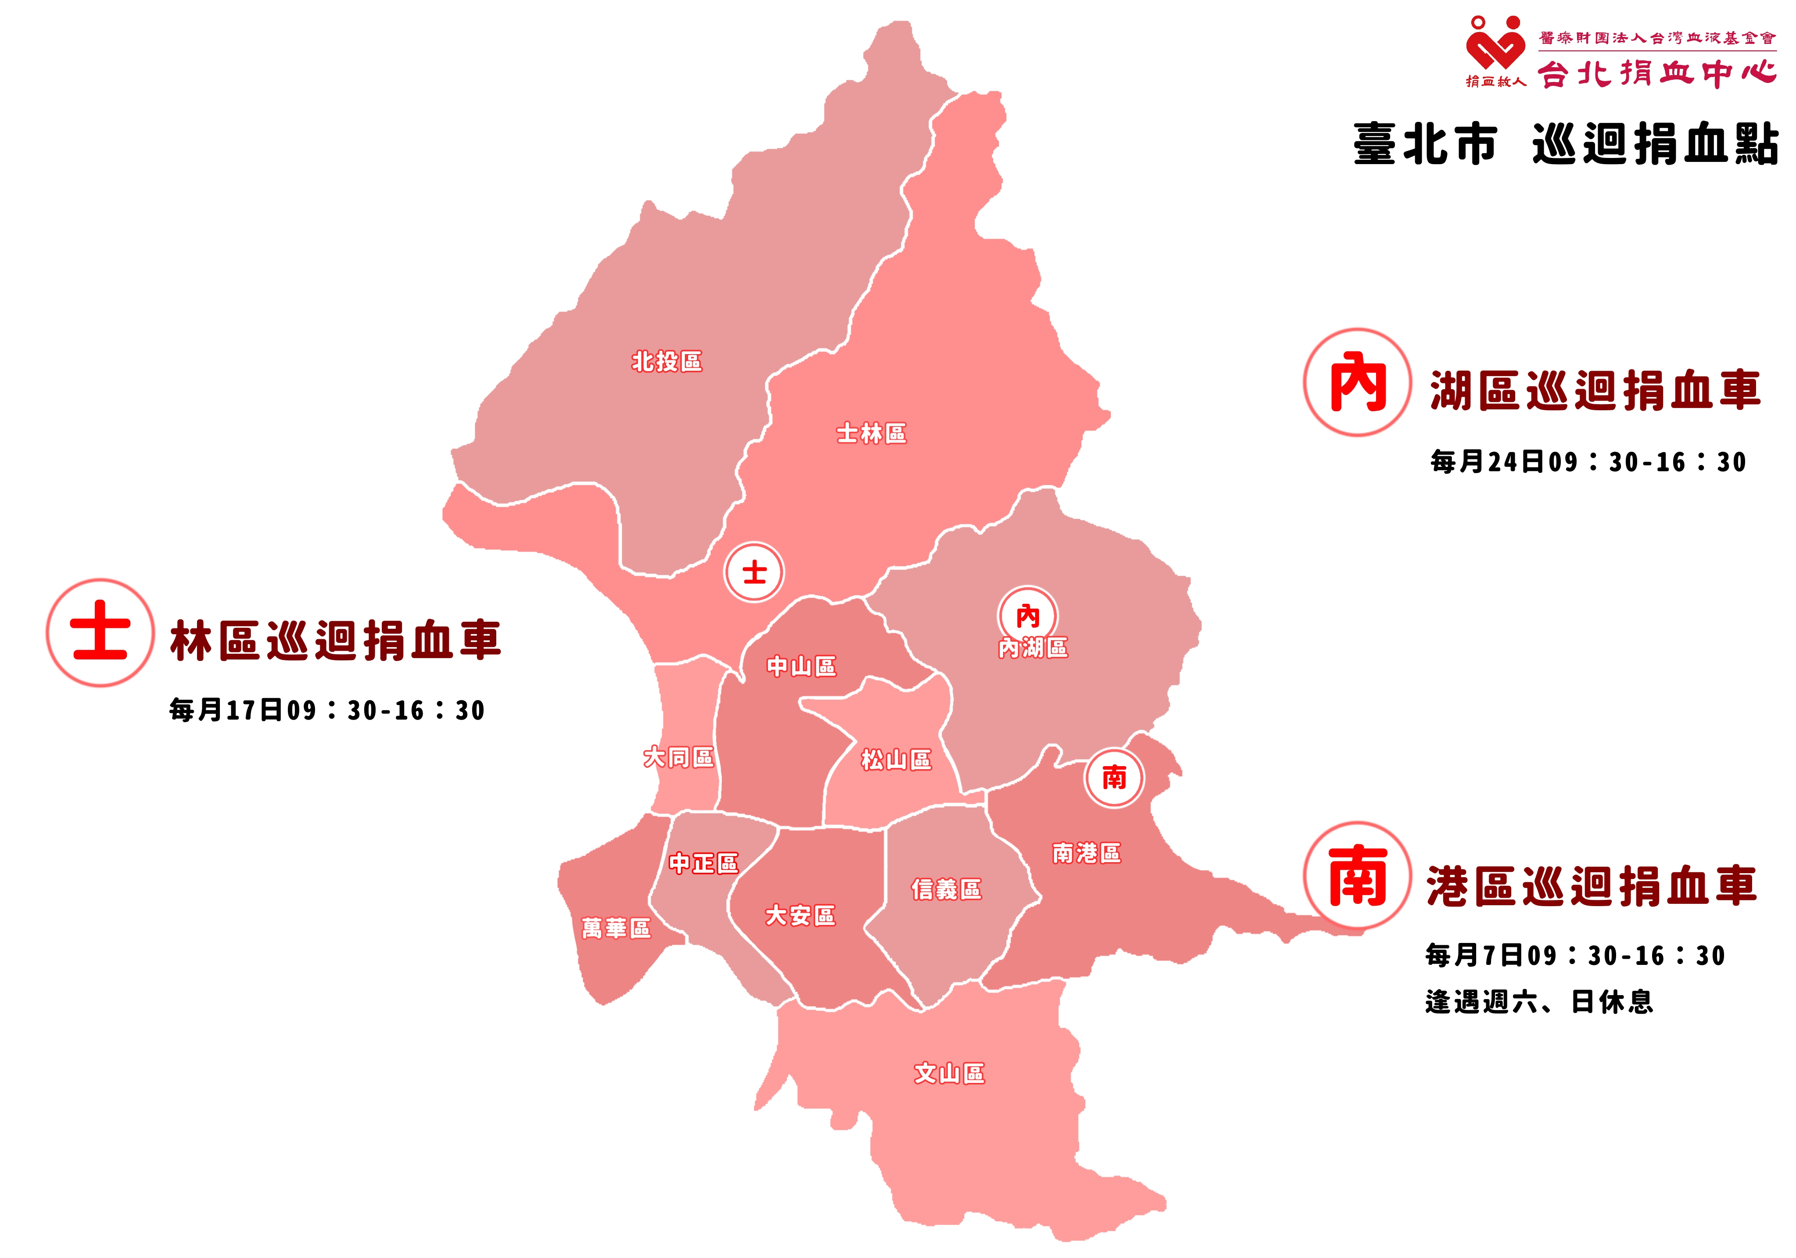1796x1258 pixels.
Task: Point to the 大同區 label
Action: click(x=678, y=757)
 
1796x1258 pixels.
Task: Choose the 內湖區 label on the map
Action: click(x=1032, y=648)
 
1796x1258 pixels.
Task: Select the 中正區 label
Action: click(x=703, y=863)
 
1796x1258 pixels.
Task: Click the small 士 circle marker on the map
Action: click(x=754, y=572)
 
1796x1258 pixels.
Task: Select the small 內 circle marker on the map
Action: click(x=1027, y=616)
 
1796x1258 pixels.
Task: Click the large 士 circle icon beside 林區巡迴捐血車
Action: click(x=100, y=632)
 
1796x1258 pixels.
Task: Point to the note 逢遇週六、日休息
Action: click(x=1539, y=1002)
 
